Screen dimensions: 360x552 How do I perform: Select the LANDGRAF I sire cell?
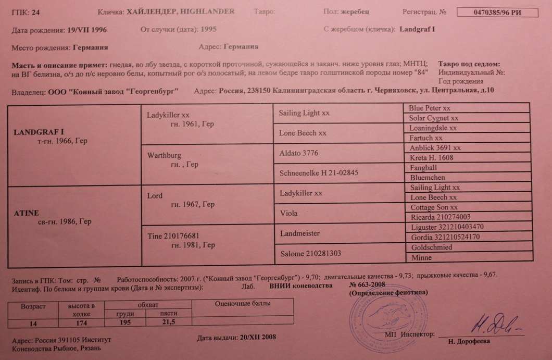pyautogui.click(x=74, y=145)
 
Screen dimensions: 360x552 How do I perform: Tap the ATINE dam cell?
pyautogui.click(x=74, y=225)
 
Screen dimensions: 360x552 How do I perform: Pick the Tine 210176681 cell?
pyautogui.click(x=207, y=245)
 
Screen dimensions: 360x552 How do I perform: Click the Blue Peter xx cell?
pyautogui.click(x=467, y=108)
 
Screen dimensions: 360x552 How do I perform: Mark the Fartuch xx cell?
pyautogui.click(x=467, y=138)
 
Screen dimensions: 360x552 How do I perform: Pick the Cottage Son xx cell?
pyautogui.click(x=467, y=207)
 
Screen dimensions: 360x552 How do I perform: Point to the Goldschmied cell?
pyautogui.click(x=467, y=247)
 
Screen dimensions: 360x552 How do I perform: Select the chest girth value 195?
pyautogui.click(x=125, y=323)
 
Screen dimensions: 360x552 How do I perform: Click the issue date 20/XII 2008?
pyautogui.click(x=237, y=337)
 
